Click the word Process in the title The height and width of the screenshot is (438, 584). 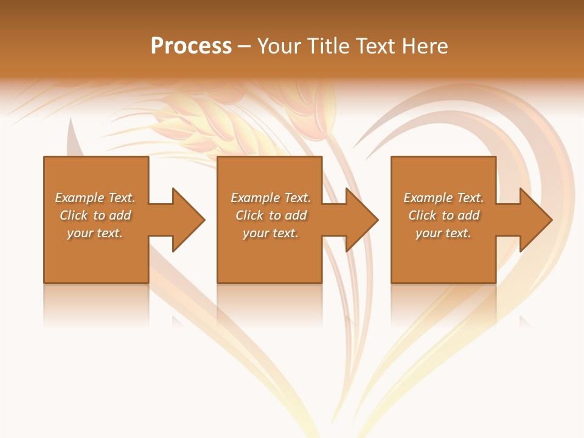(x=191, y=46)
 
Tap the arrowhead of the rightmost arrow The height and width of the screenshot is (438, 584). (x=536, y=220)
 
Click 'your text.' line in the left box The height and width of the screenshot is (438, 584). (x=95, y=233)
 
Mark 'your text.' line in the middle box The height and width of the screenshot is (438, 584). (x=270, y=233)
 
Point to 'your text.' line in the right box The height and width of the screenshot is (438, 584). (x=443, y=233)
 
